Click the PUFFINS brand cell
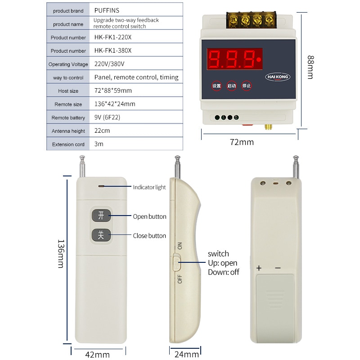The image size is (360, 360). (x=107, y=10)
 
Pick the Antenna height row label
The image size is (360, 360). (x=68, y=131)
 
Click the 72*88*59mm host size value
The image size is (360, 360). (x=113, y=91)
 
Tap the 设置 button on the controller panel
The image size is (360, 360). (x=216, y=85)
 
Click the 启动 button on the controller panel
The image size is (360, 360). (x=231, y=85)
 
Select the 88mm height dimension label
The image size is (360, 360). (x=310, y=67)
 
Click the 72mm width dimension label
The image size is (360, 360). (x=242, y=142)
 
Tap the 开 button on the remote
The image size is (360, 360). (x=101, y=216)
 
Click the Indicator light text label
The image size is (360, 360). (x=149, y=187)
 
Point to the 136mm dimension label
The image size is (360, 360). (x=60, y=253)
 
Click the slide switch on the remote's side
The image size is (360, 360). (x=176, y=262)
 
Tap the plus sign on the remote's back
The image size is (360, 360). (x=259, y=268)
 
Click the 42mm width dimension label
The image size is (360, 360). (x=97, y=355)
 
